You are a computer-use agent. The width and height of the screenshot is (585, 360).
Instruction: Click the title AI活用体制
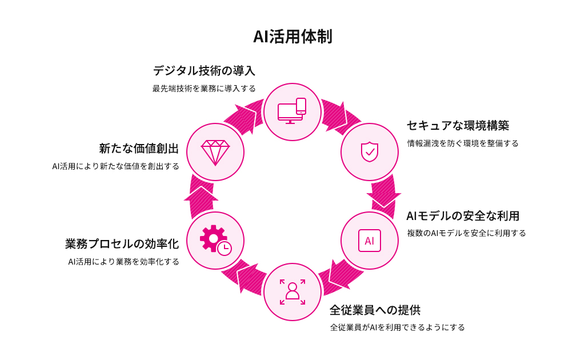[292, 37]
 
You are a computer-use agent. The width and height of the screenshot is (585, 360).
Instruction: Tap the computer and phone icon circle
[292, 111]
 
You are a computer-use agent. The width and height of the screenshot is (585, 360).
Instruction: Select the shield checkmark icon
[370, 151]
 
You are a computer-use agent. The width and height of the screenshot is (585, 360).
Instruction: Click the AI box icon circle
[370, 241]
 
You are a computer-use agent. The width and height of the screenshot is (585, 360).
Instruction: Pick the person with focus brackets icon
[292, 292]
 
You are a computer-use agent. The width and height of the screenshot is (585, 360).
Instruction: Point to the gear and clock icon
[215, 240]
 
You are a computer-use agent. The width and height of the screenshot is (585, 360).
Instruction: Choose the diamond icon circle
[215, 151]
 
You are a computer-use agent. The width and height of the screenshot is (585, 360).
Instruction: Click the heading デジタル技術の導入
[204, 71]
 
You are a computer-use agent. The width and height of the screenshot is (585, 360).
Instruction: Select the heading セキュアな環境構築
[458, 125]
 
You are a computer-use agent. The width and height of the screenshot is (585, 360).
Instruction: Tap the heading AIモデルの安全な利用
[463, 216]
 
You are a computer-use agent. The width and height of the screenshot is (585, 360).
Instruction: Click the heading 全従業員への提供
[375, 310]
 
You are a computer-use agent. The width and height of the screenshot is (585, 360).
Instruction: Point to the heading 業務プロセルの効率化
[122, 244]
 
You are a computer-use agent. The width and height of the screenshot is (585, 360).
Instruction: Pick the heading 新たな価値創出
[139, 149]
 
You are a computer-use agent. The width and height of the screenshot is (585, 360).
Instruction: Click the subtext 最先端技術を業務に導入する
[204, 89]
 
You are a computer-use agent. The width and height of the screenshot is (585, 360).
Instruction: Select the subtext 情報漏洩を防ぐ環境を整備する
[463, 143]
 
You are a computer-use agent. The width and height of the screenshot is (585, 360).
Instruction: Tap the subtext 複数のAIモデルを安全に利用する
[466, 233]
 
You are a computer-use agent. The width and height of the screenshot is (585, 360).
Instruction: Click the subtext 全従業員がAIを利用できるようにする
[397, 327]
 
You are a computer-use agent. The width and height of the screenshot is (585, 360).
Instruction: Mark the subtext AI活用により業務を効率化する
[123, 262]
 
